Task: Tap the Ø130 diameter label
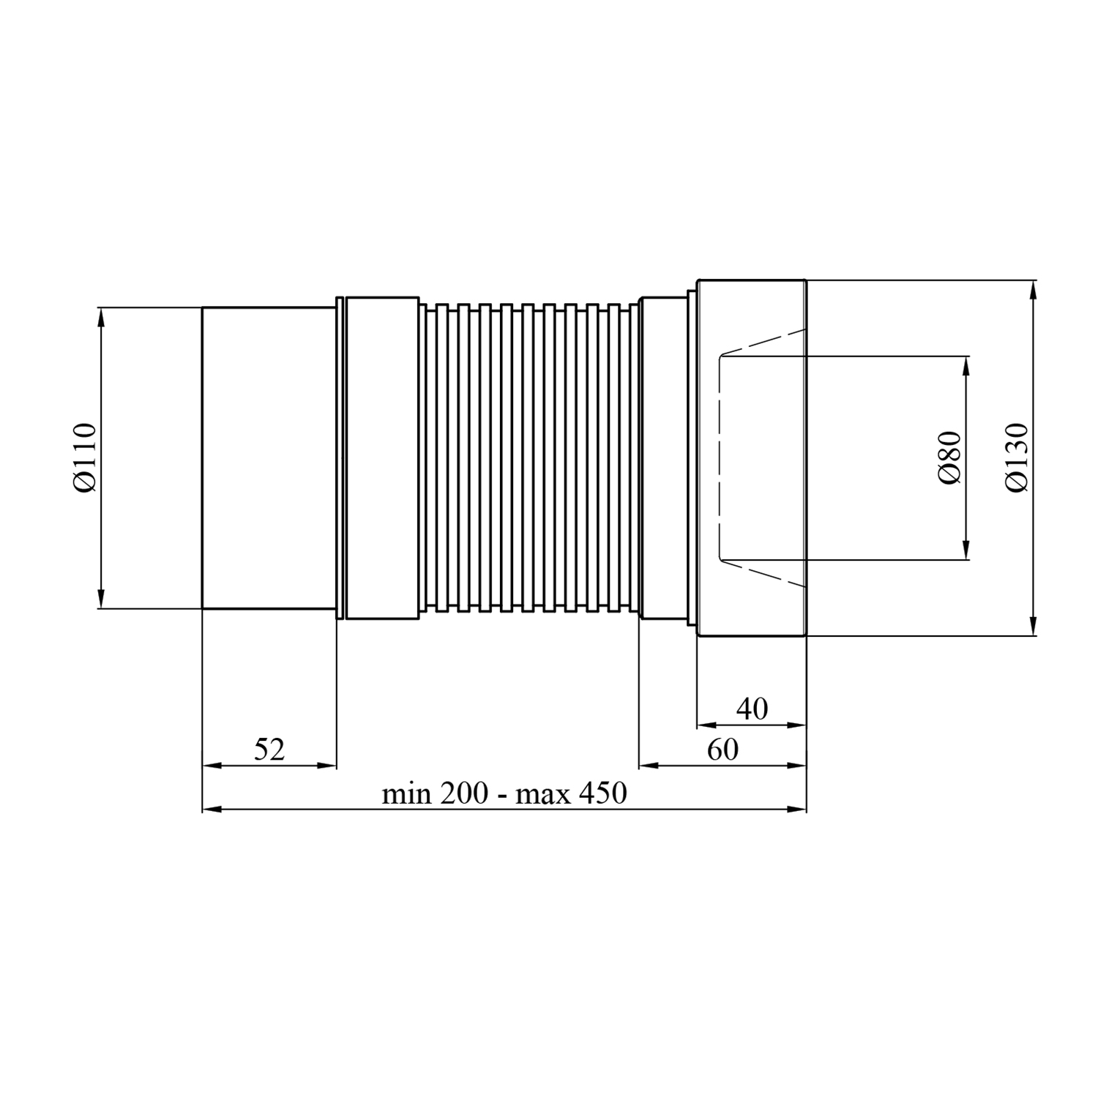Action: click(1017, 457)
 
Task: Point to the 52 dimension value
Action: click(269, 749)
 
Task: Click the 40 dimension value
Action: click(752, 709)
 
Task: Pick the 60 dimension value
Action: click(723, 749)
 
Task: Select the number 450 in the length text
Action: click(603, 793)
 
